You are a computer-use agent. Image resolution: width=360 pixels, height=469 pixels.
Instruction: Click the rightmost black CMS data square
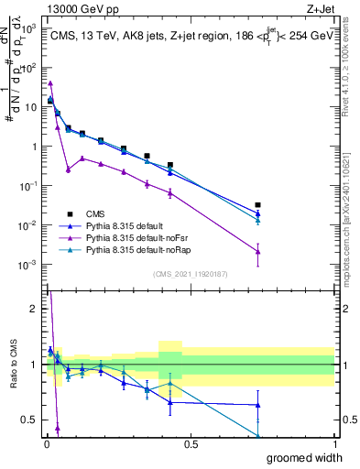[258, 205]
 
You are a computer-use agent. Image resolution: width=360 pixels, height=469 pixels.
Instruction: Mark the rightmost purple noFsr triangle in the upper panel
[258, 252]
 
